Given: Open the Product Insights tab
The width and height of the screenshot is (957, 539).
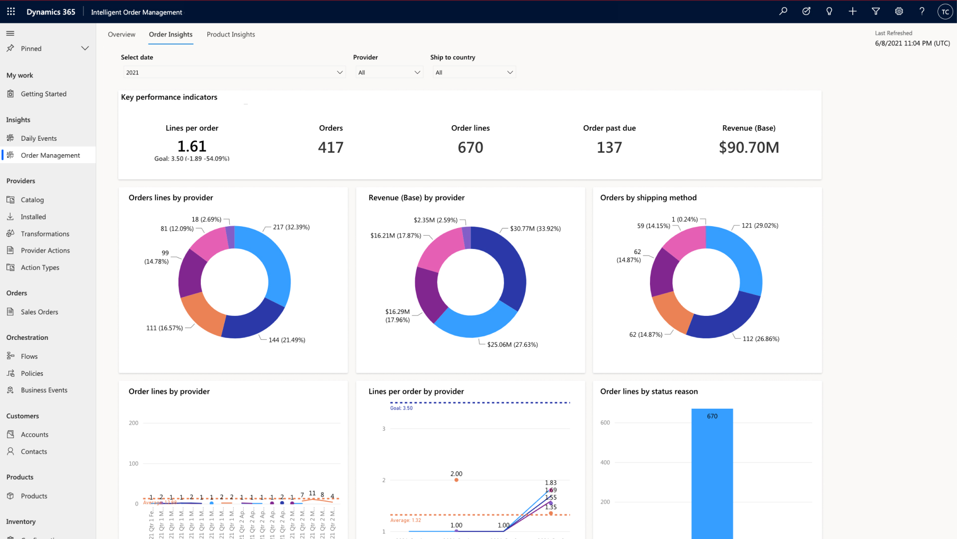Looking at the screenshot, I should pos(231,34).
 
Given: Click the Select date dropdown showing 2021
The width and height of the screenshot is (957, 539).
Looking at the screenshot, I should pos(234,72).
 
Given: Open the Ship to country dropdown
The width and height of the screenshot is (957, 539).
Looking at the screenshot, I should pos(474,72).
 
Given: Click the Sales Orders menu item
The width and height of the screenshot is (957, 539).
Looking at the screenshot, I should pos(39,312).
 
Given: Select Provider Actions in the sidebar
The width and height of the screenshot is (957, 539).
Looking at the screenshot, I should pos(45,251).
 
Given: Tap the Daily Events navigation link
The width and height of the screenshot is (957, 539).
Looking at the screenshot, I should pos(38,138).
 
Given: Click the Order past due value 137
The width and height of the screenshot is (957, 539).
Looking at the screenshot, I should pos(609,147).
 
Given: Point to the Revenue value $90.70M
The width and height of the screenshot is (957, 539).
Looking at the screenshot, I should pos(749,147).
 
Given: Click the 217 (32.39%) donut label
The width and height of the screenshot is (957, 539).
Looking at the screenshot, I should pos(291,227).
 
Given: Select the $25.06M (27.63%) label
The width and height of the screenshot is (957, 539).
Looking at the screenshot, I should pos(512,344).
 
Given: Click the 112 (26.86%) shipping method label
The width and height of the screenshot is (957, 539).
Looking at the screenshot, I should pos(761,339).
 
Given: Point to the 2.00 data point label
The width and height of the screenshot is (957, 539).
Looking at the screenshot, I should pos(456,474).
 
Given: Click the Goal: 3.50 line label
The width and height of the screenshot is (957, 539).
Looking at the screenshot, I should pos(401,408).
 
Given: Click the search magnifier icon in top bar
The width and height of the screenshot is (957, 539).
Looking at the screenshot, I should pos(783,11).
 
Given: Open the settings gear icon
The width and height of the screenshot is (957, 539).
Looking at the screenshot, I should pos(899,11).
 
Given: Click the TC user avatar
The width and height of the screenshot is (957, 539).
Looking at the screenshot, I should pos(945,11).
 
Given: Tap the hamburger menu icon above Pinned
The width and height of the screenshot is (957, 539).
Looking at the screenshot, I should pos(10,33).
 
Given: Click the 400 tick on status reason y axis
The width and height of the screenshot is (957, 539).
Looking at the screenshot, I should pos(605,463).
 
